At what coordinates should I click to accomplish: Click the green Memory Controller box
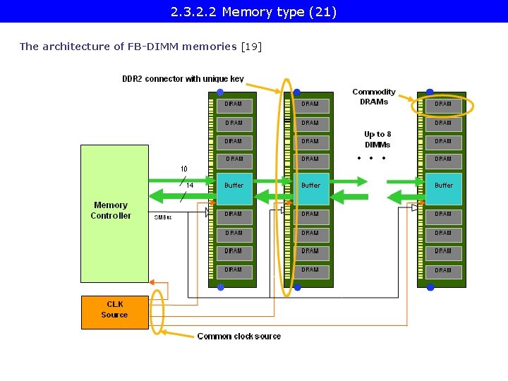(x=114, y=213)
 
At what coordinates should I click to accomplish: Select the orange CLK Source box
(x=114, y=312)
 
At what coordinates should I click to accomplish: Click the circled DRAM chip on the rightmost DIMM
(x=443, y=105)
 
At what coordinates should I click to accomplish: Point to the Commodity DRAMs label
(x=374, y=97)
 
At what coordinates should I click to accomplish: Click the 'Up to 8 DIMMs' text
(x=377, y=139)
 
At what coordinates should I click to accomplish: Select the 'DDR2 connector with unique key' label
(x=183, y=79)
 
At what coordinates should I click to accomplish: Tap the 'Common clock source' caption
(x=238, y=337)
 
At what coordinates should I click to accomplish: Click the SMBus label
(x=162, y=217)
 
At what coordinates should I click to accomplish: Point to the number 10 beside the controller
(x=183, y=169)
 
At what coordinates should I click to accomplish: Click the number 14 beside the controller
(x=190, y=186)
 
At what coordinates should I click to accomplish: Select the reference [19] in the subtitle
(x=251, y=47)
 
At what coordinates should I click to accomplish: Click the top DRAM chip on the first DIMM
(x=234, y=104)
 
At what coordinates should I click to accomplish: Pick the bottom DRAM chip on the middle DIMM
(x=310, y=270)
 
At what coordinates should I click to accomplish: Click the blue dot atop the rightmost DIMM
(x=430, y=92)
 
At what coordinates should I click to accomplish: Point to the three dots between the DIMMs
(x=371, y=158)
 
